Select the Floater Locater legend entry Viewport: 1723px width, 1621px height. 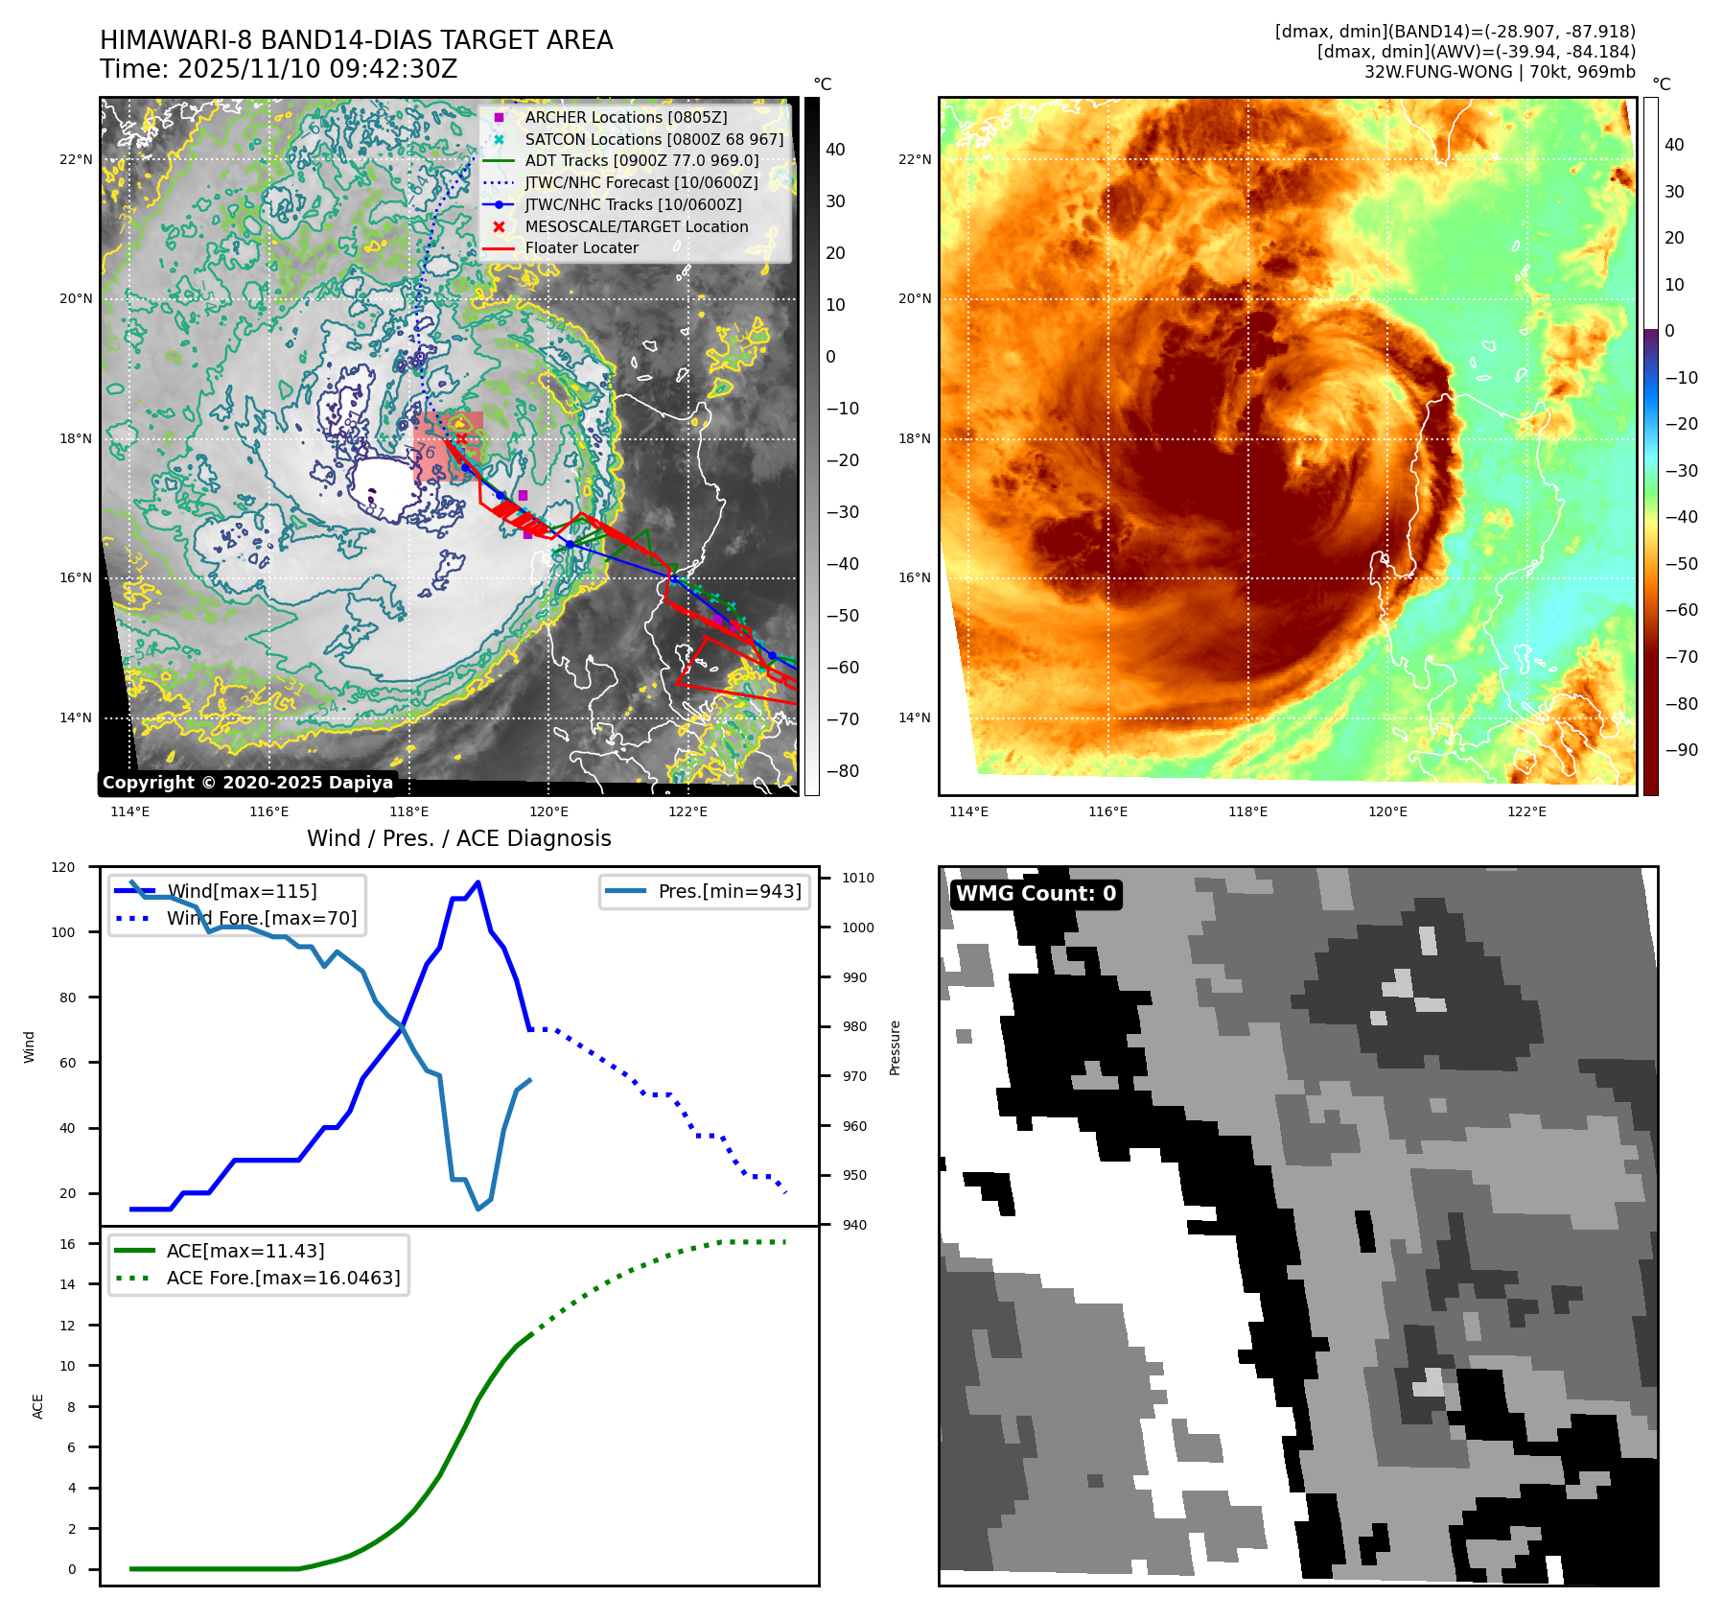coord(581,247)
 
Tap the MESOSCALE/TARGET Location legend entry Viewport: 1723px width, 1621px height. coord(636,226)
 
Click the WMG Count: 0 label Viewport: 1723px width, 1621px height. coord(1036,894)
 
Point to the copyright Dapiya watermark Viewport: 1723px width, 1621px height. coord(247,783)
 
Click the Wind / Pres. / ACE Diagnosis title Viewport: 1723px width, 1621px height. coord(458,838)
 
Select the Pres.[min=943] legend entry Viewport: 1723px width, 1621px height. coord(729,891)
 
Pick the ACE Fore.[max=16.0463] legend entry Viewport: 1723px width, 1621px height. coord(283,1278)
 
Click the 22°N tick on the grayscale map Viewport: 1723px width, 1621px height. coord(76,159)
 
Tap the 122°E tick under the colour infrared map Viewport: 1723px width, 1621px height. coord(1526,812)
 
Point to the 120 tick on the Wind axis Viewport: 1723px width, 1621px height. coord(63,867)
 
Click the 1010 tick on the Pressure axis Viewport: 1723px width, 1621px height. coord(858,878)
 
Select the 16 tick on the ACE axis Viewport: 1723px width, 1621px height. coord(67,1244)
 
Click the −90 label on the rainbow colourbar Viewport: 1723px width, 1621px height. coord(1681,750)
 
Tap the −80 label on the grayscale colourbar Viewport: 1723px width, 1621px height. coord(843,771)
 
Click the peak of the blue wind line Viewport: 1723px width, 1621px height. coord(477,881)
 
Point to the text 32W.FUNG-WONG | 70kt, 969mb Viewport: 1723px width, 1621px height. coord(1500,72)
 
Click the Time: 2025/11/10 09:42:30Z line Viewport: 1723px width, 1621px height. coord(278,69)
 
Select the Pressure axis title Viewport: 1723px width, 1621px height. coord(895,1047)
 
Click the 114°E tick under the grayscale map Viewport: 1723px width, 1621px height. coord(129,812)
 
